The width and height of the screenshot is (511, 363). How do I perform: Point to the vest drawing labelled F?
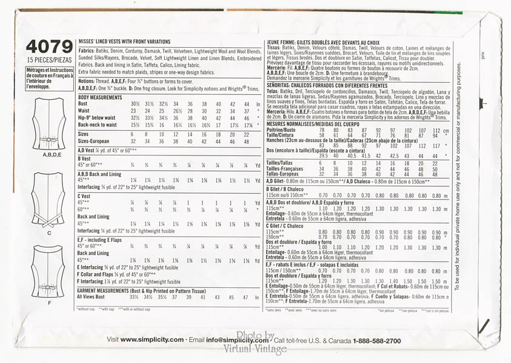49,270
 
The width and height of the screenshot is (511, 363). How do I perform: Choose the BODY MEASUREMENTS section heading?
99,97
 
